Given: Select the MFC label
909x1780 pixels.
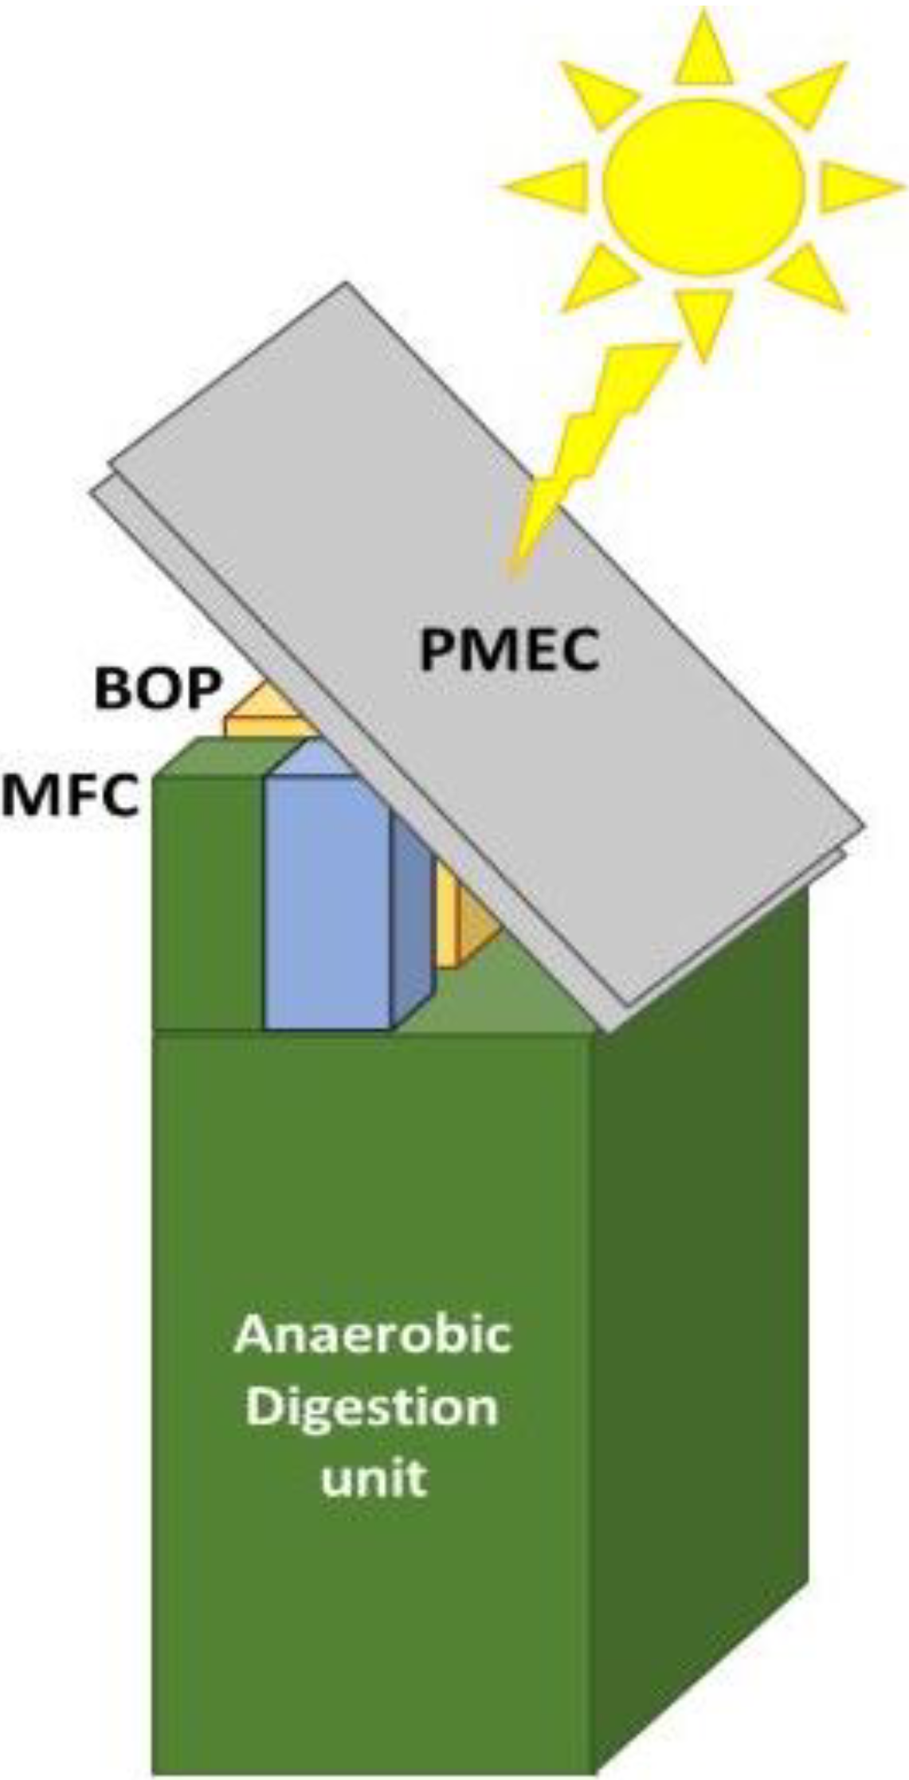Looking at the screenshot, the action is pos(70,796).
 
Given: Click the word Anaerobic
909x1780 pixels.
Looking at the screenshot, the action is pos(373,1335).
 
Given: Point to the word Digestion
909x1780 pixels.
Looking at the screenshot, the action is pos(373,1407).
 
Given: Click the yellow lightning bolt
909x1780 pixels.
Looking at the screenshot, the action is pos(590,446).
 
